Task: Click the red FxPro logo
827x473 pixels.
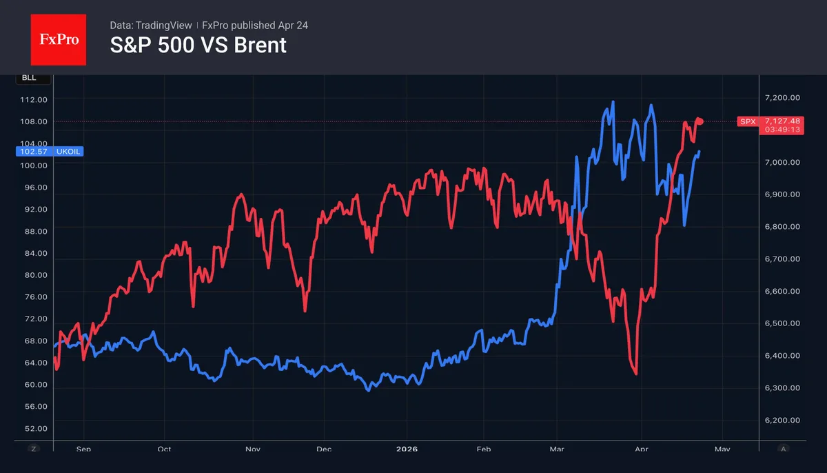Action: click(x=59, y=40)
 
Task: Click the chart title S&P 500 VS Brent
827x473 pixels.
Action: click(x=198, y=46)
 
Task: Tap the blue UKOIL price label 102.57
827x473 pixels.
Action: click(x=48, y=151)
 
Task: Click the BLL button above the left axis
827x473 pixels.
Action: click(x=29, y=78)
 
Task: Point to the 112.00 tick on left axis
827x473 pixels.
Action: click(x=33, y=99)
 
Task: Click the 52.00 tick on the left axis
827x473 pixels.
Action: click(x=33, y=428)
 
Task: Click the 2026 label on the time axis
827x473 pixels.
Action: click(x=407, y=448)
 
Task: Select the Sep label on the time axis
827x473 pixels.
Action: click(x=83, y=448)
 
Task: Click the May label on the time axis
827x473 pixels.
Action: click(x=722, y=448)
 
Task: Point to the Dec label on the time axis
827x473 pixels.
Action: click(x=324, y=448)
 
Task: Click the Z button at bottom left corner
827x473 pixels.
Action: click(x=32, y=448)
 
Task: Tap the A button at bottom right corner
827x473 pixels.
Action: click(x=783, y=448)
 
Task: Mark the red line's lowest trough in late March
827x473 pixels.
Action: click(x=635, y=374)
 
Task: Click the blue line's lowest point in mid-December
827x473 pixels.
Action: click(x=368, y=390)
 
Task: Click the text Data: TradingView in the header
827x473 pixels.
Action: click(x=151, y=26)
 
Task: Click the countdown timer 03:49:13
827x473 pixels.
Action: click(x=781, y=129)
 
